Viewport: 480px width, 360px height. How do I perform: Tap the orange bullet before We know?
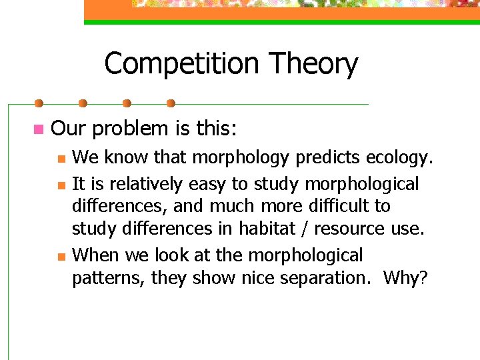pyautogui.click(x=60, y=159)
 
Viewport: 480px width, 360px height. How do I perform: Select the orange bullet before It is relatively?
pyautogui.click(x=60, y=185)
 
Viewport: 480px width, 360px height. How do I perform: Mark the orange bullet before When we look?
pyautogui.click(x=60, y=256)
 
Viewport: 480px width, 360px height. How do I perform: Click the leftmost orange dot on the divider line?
pyautogui.click(x=39, y=104)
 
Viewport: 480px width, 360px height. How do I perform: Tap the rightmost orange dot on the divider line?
pyautogui.click(x=171, y=104)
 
